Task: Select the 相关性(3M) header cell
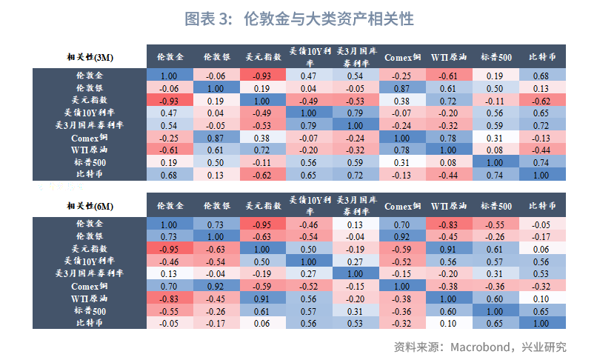tap(90, 57)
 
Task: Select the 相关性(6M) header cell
tap(90, 205)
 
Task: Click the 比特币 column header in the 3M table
tap(542, 57)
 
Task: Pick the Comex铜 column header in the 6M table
tap(402, 205)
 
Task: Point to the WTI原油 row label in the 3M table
tap(90, 150)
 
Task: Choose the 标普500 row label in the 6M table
tap(90, 311)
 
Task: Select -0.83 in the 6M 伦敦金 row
tap(449, 224)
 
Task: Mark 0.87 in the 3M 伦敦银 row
tap(402, 87)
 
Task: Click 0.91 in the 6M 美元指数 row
tap(449, 249)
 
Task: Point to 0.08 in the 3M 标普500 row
tap(449, 162)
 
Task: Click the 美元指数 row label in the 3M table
tap(90, 100)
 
